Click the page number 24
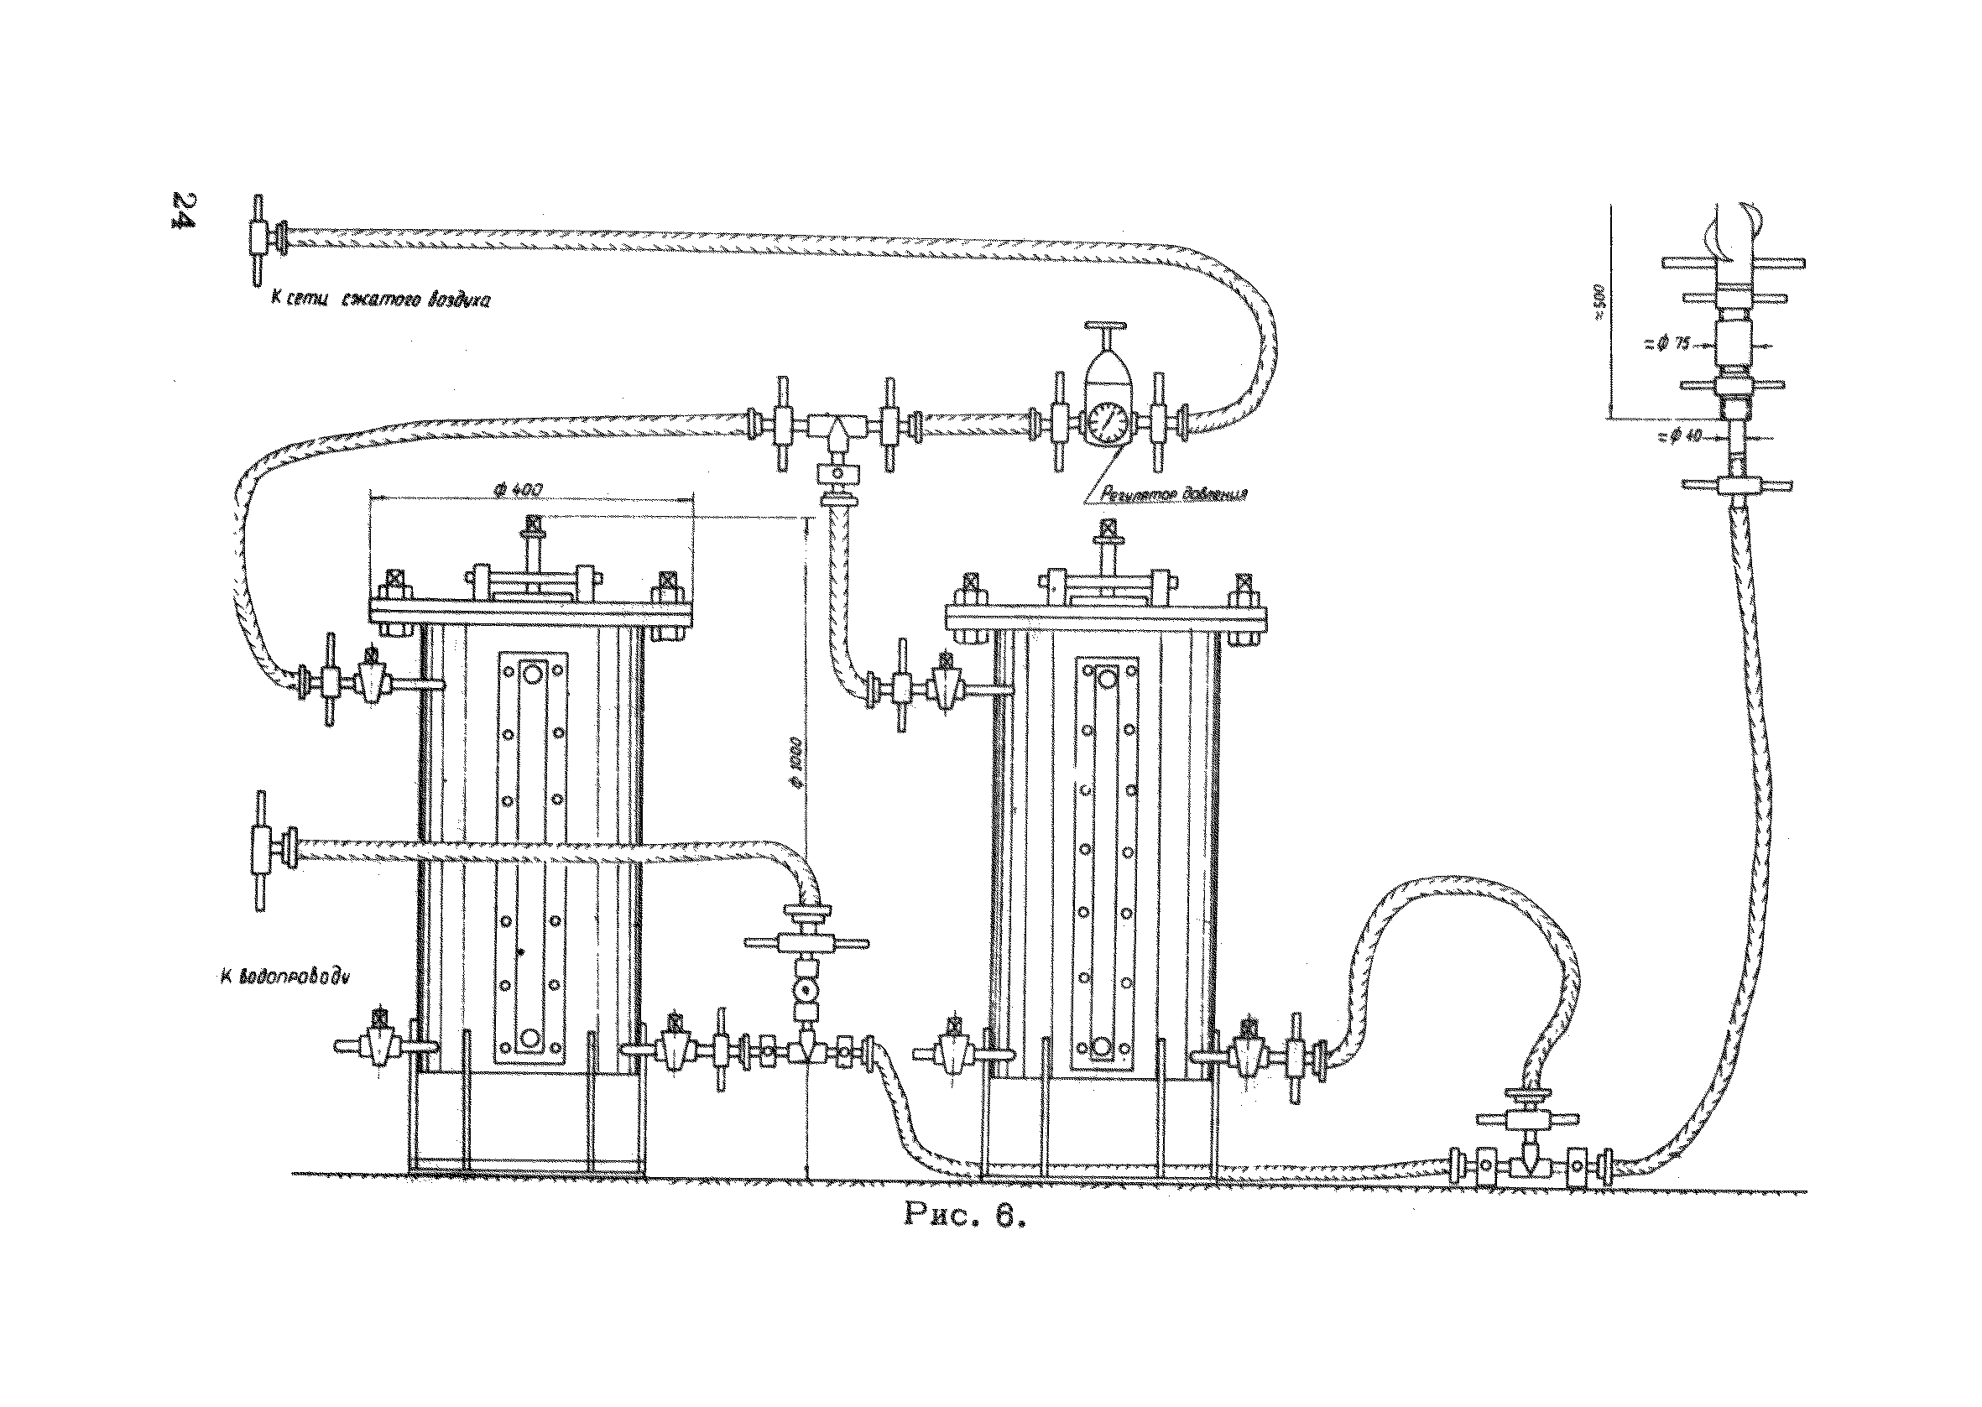(184, 210)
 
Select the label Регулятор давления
(1173, 495)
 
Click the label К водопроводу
(284, 977)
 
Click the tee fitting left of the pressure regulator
(837, 427)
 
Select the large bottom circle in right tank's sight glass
(1101, 1045)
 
